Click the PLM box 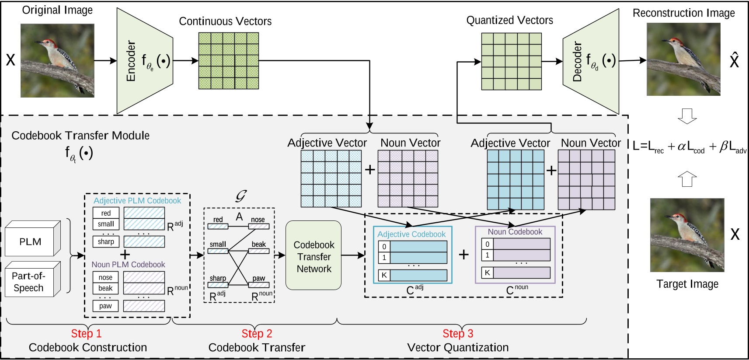(x=30, y=241)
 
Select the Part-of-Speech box (x=29, y=282)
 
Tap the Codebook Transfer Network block (x=314, y=257)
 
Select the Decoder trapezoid (x=591, y=61)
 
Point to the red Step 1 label (x=87, y=334)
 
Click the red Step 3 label (x=458, y=334)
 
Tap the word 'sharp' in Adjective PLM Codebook (x=106, y=241)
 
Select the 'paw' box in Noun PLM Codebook (x=105, y=306)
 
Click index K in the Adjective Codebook (x=384, y=275)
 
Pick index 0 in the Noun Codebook (x=487, y=244)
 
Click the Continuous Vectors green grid (x=228, y=61)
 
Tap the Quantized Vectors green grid (x=511, y=61)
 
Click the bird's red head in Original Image (x=51, y=43)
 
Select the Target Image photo (x=687, y=235)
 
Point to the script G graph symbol (x=241, y=196)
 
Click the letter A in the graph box (x=239, y=217)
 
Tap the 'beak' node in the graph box (x=258, y=245)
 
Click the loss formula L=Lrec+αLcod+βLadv (x=690, y=147)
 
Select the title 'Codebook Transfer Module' (x=80, y=136)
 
